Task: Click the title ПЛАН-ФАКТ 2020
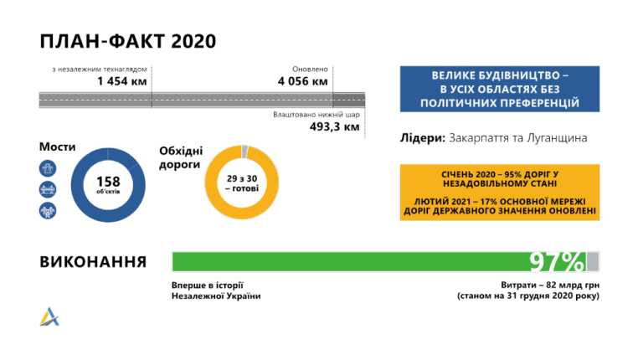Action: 127,42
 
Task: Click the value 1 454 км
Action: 122,82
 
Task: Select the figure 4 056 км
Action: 303,82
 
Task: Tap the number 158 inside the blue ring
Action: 108,181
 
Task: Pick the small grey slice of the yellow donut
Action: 244,152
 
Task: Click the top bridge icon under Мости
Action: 48,168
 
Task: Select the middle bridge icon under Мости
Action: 48,189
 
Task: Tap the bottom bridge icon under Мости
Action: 48,210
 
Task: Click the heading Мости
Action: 56,147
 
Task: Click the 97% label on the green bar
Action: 557,262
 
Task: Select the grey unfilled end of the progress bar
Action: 593,262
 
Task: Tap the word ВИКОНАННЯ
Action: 93,262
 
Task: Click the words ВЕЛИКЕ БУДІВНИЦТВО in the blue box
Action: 500,75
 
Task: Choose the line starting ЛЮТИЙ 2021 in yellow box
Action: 500,206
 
